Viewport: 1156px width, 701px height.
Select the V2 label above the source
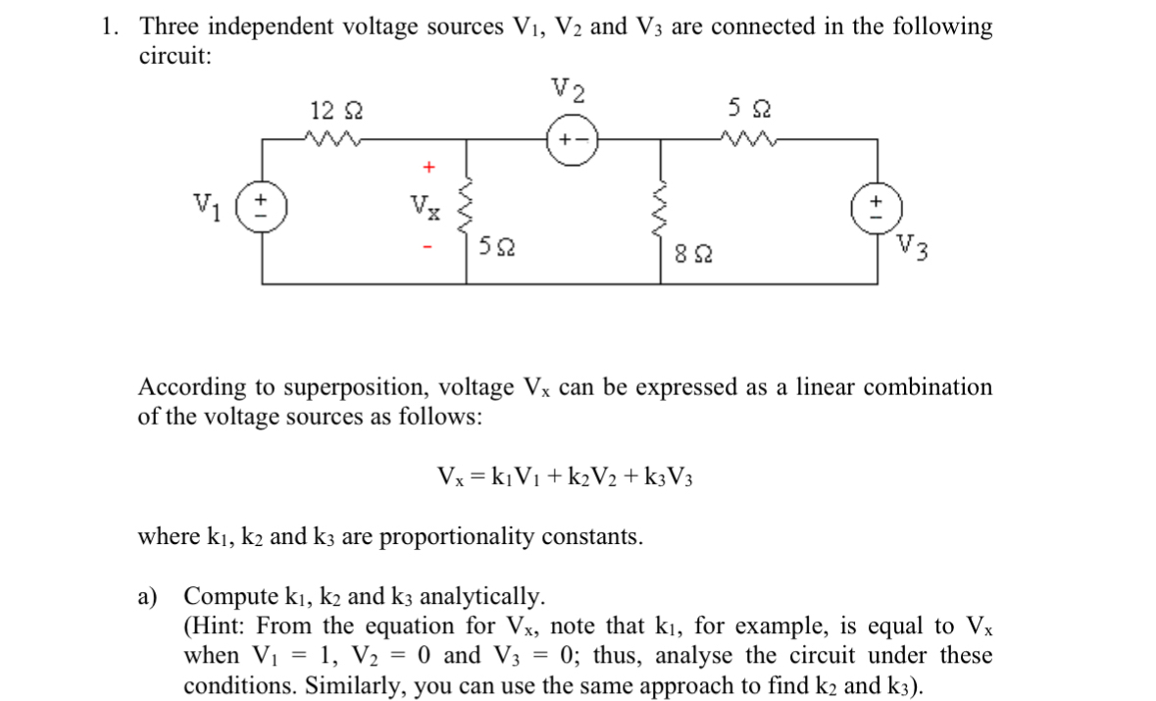tap(570, 90)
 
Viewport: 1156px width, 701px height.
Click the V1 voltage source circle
tap(262, 211)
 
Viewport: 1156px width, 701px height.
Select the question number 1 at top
tap(110, 27)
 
